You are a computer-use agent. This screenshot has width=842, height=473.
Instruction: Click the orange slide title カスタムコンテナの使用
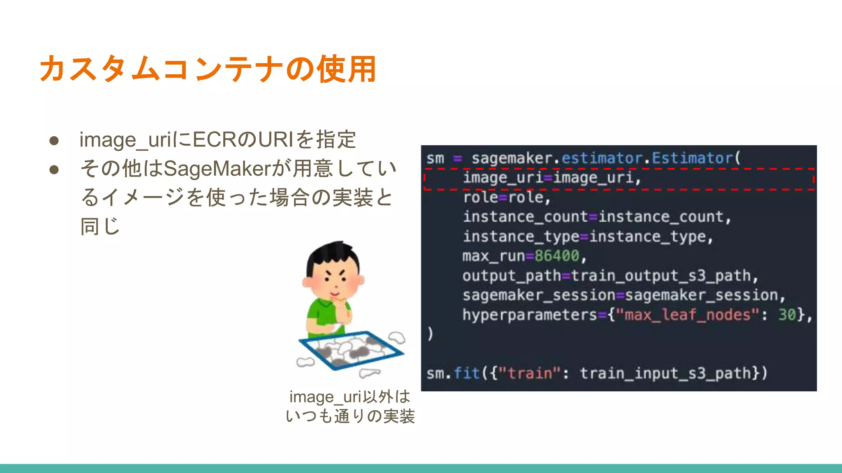click(x=208, y=69)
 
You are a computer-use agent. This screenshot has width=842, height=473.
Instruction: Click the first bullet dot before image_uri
click(x=54, y=141)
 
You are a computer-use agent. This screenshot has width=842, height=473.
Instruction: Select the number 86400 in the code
click(x=557, y=256)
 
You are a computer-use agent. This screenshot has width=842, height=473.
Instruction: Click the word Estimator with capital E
click(x=692, y=158)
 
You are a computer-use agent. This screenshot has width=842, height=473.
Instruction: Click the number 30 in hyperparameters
click(x=787, y=315)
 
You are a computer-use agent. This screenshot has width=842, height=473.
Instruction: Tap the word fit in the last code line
click(x=466, y=374)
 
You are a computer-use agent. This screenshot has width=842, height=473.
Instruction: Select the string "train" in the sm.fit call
click(x=530, y=374)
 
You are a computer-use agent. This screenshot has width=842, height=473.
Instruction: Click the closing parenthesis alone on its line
click(x=430, y=334)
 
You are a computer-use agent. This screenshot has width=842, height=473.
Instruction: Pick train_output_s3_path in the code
click(x=661, y=276)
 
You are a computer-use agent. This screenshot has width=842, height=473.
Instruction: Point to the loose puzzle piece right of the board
click(x=397, y=338)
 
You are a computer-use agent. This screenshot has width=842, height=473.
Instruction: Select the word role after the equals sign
click(x=527, y=198)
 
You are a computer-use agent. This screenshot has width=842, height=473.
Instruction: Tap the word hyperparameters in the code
click(x=530, y=315)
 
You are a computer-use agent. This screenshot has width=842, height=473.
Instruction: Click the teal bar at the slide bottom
click(x=421, y=468)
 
